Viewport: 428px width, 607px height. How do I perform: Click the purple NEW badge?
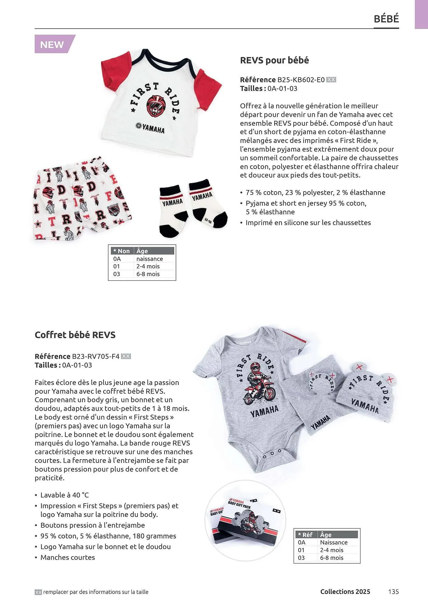tap(53, 44)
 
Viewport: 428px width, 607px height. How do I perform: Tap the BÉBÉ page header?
tap(386, 19)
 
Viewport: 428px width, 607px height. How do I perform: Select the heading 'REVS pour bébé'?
tap(274, 60)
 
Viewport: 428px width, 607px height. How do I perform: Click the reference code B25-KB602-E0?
tap(301, 80)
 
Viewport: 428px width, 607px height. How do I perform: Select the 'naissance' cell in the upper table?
tap(150, 259)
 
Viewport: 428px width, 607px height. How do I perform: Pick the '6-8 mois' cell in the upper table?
tap(148, 274)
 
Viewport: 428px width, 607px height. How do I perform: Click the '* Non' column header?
tap(122, 251)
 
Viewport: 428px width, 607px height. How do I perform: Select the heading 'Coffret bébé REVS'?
tap(75, 335)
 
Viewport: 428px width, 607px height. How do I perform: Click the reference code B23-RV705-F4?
tap(95, 356)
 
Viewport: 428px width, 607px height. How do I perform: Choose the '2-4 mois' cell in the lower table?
tap(332, 550)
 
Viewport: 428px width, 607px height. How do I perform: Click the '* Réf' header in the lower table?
tap(305, 535)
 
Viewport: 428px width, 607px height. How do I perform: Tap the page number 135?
tap(393, 592)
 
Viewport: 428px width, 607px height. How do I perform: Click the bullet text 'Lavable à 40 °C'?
tap(64, 495)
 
